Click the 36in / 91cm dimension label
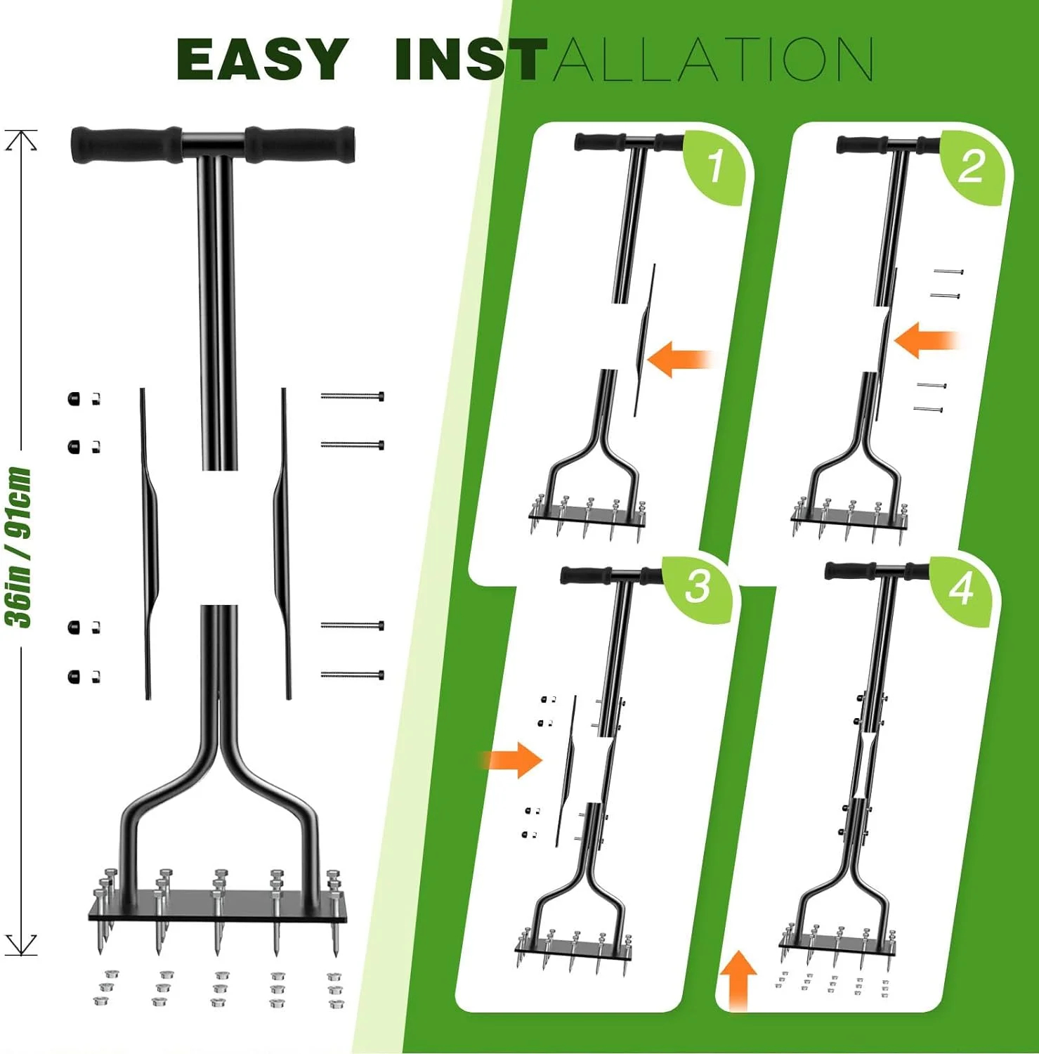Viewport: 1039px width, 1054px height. tap(19, 547)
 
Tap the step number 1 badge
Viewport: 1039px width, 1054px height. tap(715, 167)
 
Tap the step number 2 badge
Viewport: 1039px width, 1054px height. tap(972, 167)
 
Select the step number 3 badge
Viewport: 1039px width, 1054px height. tap(698, 586)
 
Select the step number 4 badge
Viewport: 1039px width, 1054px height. tap(961, 589)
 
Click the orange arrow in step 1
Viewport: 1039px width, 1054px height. tap(678, 359)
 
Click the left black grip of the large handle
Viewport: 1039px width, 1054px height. tap(126, 144)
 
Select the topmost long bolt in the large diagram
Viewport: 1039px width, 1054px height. tap(352, 397)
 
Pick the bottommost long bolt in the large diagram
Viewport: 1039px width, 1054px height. tap(352, 675)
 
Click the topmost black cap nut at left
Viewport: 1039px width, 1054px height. tap(74, 399)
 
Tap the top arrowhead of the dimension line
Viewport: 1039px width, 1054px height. tap(21, 140)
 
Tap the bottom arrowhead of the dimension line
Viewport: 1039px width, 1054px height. tap(21, 944)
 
